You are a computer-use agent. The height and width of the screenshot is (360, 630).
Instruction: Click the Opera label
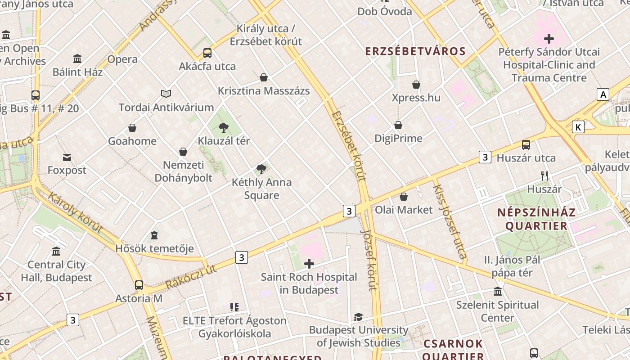pos(122,59)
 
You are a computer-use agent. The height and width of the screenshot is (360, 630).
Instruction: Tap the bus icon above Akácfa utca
pos(207,53)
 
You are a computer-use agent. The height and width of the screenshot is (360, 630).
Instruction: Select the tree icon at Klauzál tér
pos(223,128)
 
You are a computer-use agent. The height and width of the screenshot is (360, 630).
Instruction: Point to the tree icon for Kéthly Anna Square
pos(261,169)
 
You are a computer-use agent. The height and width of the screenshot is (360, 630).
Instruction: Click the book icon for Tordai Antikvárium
pos(166,94)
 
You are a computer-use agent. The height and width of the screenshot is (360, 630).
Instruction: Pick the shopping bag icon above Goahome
pos(132,128)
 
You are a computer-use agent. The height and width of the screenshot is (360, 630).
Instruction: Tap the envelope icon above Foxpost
pos(67,157)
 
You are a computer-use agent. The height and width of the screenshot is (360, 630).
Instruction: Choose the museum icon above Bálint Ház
pos(77,58)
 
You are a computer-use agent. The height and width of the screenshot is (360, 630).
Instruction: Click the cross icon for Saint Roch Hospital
pos(309,264)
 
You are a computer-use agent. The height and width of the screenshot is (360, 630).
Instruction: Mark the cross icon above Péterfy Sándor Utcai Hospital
pos(549,39)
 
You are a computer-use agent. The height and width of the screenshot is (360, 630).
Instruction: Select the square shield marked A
pos(603,94)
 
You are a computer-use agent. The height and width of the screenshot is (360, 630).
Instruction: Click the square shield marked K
pos(578,127)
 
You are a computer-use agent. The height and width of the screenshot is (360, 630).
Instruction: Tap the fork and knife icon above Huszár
pos(544,175)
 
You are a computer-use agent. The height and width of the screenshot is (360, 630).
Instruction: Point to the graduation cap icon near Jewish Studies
pos(358,317)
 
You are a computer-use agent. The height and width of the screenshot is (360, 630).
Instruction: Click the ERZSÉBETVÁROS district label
pos(415,51)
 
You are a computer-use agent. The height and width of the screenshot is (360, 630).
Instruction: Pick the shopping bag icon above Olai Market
pos(404,197)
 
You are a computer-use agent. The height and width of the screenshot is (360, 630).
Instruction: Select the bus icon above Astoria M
pos(139,285)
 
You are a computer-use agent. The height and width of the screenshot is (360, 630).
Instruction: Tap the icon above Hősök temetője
pos(154,235)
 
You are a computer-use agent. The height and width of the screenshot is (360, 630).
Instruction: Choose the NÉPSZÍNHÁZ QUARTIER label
pos(536,219)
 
